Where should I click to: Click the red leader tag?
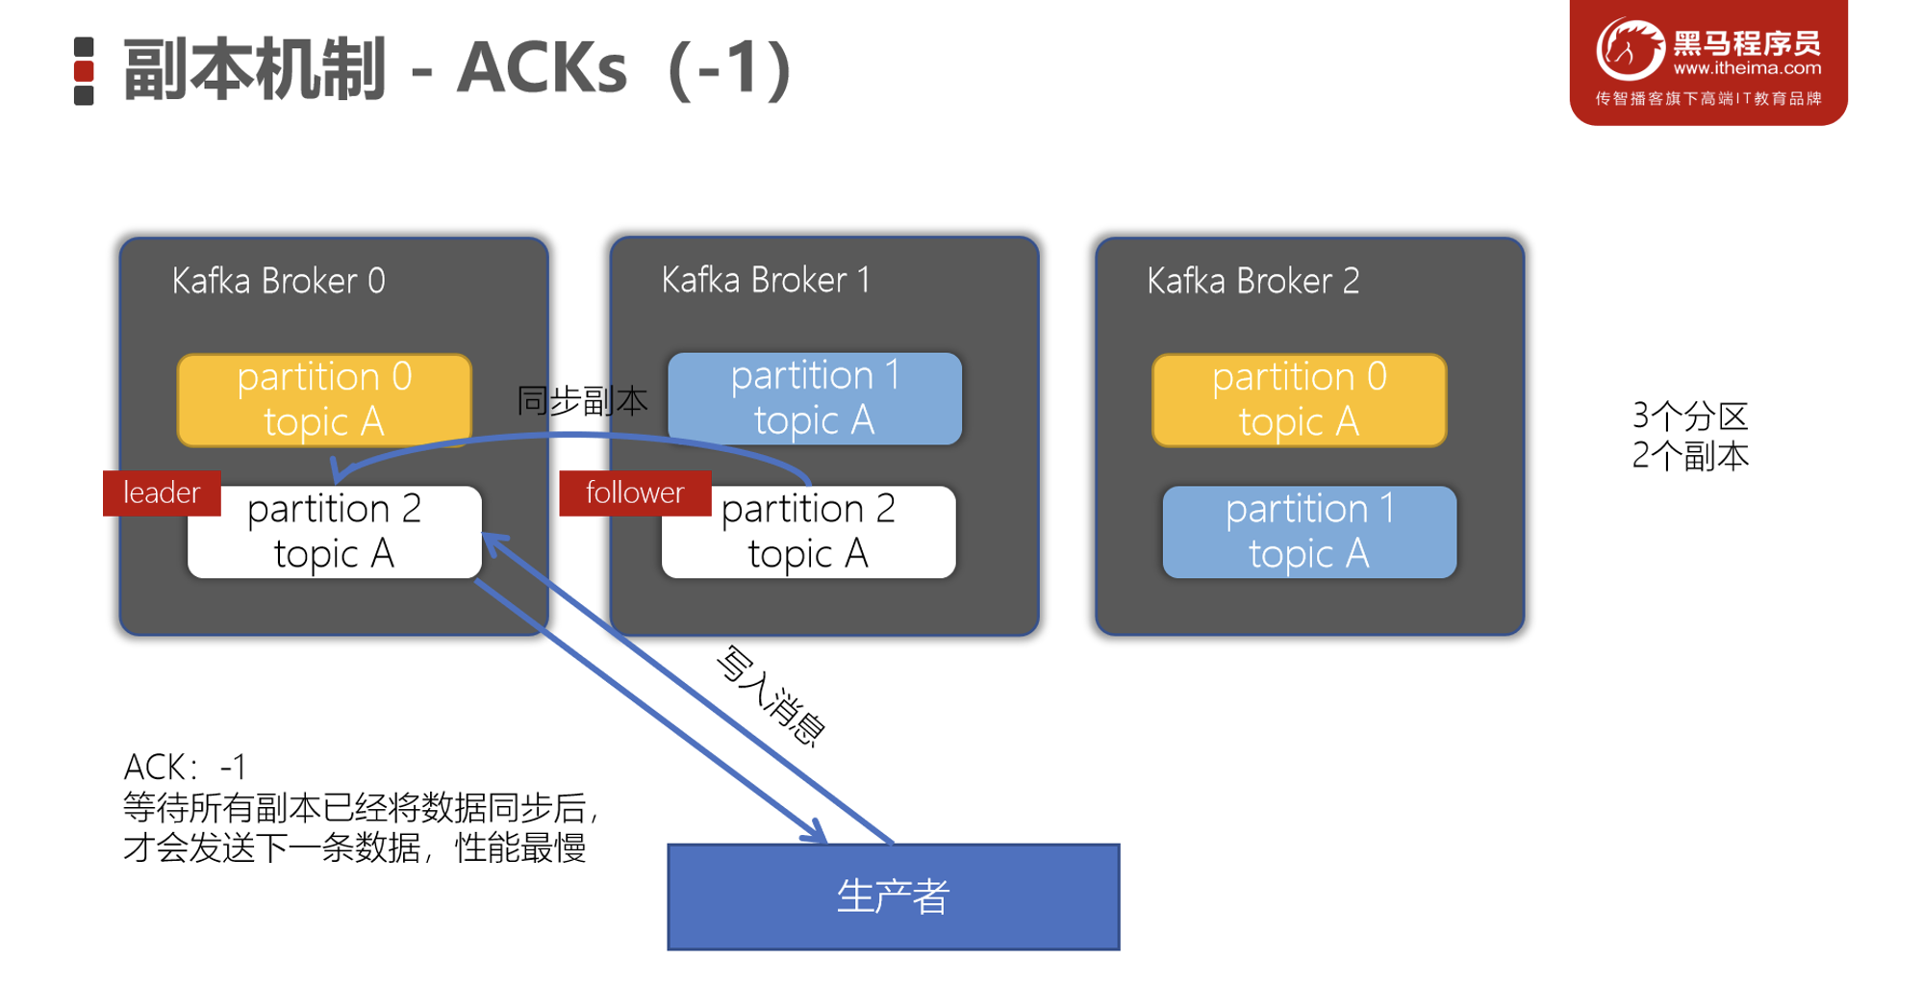[162, 493]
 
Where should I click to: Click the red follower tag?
[635, 493]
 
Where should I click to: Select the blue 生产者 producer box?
[893, 897]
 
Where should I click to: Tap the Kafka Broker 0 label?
[278, 281]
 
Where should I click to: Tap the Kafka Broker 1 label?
[766, 280]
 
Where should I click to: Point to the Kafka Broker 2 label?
[1252, 281]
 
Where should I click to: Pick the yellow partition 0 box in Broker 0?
[324, 398]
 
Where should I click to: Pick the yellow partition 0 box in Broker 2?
[1299, 399]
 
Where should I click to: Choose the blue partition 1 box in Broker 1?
[814, 397]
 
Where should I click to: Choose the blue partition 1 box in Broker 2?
[1308, 531]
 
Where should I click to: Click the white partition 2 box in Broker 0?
[334, 532]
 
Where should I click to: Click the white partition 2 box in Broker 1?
[808, 532]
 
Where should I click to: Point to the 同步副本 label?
[582, 400]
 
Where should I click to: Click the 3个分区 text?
[1689, 417]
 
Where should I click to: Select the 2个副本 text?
[1689, 456]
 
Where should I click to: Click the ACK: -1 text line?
[185, 768]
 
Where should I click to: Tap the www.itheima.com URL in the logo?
[1747, 68]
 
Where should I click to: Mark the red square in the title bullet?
[84, 71]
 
